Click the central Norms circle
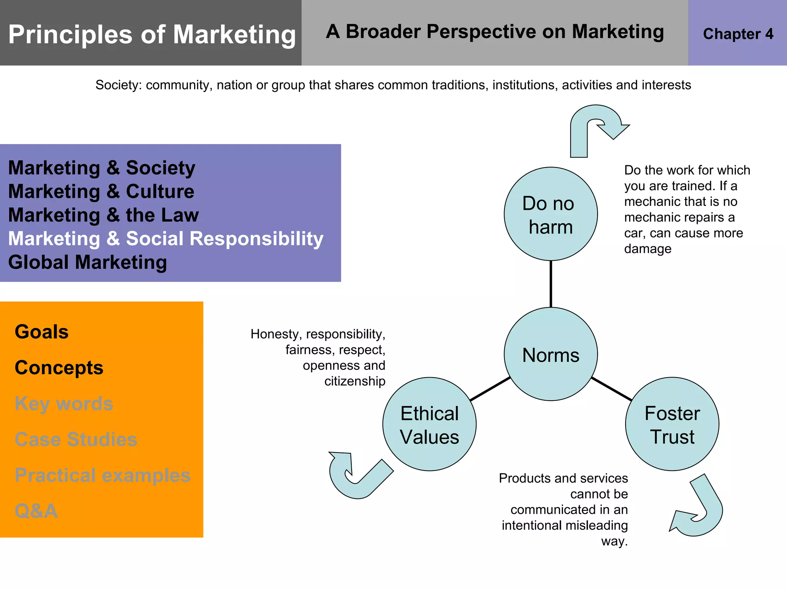(551, 354)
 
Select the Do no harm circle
(551, 214)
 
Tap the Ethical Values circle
(429, 424)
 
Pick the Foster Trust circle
(672, 424)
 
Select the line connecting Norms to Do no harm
(551, 284)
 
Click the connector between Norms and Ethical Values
(490, 389)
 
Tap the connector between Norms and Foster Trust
(611, 389)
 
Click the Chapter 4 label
(738, 34)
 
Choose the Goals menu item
(42, 332)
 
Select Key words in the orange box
(64, 404)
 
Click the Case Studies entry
(76, 439)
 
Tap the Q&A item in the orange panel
(36, 511)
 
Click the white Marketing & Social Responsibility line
(166, 239)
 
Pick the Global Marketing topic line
(88, 262)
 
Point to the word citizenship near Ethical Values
(355, 381)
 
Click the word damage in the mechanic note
(648, 249)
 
